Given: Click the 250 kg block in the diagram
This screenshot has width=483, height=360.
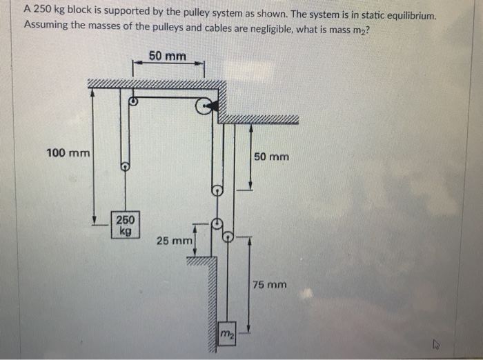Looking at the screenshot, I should click(x=126, y=224).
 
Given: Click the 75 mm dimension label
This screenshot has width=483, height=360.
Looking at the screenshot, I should click(x=269, y=284).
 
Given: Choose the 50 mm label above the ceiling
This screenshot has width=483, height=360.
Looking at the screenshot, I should click(x=167, y=56).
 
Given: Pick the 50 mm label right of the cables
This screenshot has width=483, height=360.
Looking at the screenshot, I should click(x=271, y=157).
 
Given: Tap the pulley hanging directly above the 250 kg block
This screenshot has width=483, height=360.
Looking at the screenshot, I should click(x=125, y=166).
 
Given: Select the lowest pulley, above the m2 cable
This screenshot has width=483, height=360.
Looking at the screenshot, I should click(x=228, y=237).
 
